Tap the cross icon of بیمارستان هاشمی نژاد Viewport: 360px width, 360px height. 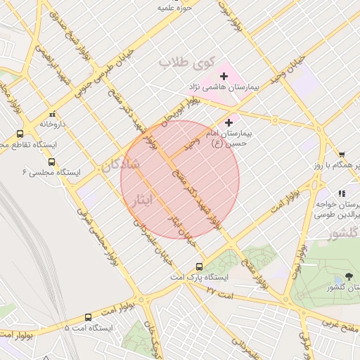[224, 76]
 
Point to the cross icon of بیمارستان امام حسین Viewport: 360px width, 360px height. [229, 122]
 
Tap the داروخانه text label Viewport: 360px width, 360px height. [52, 124]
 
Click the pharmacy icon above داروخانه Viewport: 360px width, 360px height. [52, 114]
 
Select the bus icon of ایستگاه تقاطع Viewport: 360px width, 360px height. [19, 134]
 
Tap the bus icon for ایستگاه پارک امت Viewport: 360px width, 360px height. [200, 266]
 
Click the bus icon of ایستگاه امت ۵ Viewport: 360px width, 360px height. [88, 318]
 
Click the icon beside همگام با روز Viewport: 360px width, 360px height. [342, 155]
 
